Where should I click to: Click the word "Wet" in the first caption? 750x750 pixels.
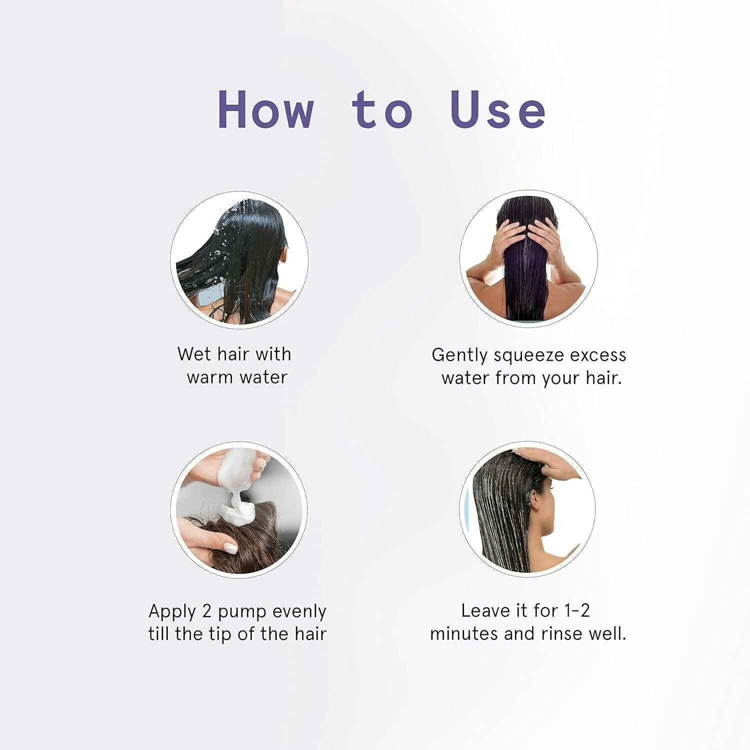pos(194,354)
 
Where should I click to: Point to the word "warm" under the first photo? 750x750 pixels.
pos(209,377)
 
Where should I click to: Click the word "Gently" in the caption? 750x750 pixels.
pos(460,355)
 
